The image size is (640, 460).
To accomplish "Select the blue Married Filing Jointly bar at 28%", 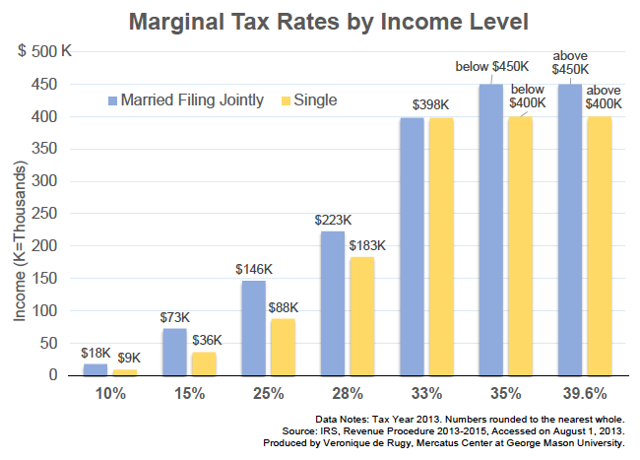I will (332, 303).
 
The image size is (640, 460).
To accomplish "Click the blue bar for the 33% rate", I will (411, 246).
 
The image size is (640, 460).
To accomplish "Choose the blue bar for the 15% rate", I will (174, 352).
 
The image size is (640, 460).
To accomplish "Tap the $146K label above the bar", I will (254, 269).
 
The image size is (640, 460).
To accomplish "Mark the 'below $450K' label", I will (489, 67).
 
